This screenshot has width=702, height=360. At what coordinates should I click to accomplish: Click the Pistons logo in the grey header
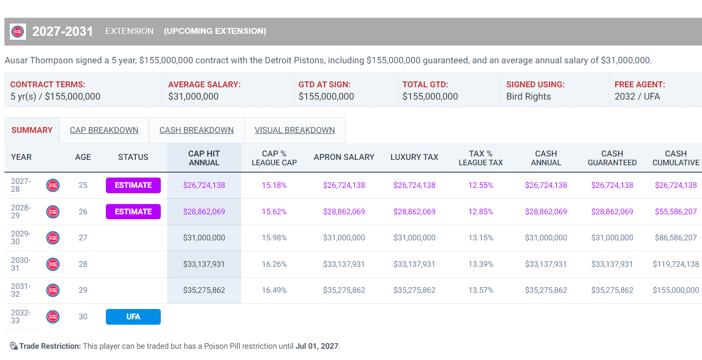18,31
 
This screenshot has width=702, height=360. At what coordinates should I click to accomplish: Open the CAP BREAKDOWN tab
104,130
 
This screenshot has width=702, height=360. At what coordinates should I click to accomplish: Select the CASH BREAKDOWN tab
197,130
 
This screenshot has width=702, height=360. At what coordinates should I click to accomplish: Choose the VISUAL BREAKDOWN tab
295,130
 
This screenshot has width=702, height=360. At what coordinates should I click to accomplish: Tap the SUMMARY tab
32,130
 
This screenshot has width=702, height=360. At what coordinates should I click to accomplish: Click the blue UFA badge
133,317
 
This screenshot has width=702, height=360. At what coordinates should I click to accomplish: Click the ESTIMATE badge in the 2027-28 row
133,185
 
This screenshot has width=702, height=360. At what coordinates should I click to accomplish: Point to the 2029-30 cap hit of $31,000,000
204,238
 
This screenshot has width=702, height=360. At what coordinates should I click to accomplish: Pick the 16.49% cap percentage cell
274,290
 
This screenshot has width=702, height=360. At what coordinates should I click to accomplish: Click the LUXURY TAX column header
414,157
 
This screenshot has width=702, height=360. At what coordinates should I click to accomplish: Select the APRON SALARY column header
344,157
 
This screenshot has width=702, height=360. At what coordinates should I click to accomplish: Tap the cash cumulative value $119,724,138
676,264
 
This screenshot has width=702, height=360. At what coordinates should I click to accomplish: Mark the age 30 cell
83,317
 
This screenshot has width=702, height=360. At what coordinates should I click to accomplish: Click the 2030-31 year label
21,264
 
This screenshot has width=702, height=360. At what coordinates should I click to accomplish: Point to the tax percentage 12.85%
481,212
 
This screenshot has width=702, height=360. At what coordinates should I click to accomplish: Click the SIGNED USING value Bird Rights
528,97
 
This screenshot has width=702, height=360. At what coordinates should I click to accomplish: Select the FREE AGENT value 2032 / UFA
637,97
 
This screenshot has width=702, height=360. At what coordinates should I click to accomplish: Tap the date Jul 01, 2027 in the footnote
317,346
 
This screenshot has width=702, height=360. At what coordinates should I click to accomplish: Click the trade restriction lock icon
13,346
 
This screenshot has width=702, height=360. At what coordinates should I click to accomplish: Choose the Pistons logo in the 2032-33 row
53,317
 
